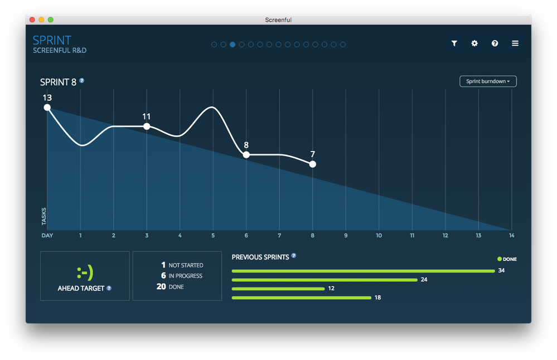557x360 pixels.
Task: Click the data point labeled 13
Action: click(x=47, y=107)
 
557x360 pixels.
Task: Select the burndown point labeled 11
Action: click(x=147, y=127)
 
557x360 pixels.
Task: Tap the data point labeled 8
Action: click(x=246, y=154)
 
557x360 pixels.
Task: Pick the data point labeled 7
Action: click(x=312, y=164)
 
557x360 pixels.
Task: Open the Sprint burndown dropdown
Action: click(x=488, y=81)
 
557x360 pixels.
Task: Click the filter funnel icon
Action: click(x=454, y=43)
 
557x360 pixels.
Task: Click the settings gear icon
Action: click(x=474, y=43)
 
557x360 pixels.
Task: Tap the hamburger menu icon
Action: click(x=515, y=43)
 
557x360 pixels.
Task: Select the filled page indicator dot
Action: click(x=233, y=45)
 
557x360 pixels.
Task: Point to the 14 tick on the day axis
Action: click(x=511, y=235)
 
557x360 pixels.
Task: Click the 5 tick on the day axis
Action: click(x=213, y=235)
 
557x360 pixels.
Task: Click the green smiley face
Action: click(x=85, y=273)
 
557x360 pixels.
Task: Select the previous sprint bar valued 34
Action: click(x=363, y=271)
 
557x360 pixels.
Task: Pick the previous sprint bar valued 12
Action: click(x=278, y=289)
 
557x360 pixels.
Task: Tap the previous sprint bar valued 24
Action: click(x=324, y=280)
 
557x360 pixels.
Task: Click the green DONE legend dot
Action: click(x=500, y=259)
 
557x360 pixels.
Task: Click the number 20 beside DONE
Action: click(x=161, y=286)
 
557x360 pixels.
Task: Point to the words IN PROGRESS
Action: click(x=185, y=276)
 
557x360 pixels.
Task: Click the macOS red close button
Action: click(x=32, y=20)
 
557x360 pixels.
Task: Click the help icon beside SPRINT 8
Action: click(x=82, y=81)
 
